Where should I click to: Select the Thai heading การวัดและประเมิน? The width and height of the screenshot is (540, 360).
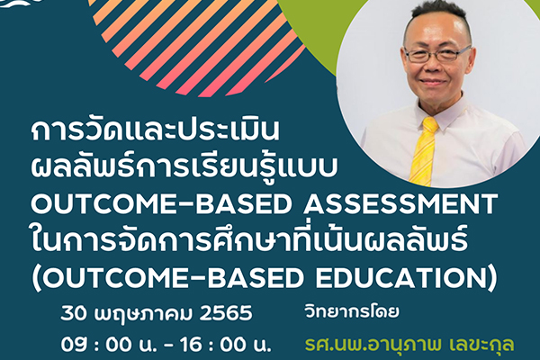(x=155, y=130)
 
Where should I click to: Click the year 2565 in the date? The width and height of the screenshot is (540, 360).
(x=226, y=314)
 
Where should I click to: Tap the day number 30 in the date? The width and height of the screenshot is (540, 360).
(x=76, y=314)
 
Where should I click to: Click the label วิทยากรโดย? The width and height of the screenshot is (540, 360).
(x=352, y=311)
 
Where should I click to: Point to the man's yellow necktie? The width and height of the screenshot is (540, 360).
(x=423, y=150)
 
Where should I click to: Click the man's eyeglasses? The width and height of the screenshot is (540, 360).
(x=436, y=54)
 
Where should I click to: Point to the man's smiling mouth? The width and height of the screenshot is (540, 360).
(x=436, y=82)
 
